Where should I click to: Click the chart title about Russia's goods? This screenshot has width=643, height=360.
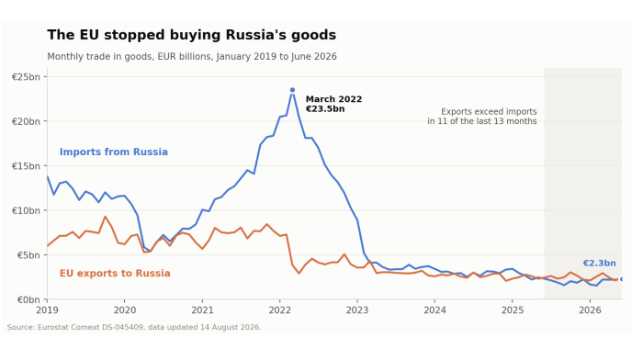click(191, 35)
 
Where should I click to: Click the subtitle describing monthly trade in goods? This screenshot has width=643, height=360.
click(192, 57)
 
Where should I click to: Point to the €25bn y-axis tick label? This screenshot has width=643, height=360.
click(27, 77)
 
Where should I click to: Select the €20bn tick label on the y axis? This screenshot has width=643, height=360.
click(27, 121)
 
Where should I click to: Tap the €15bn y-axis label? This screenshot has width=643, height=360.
click(27, 166)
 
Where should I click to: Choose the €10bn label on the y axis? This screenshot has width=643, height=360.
click(27, 210)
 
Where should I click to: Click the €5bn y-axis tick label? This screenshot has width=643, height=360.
click(28, 255)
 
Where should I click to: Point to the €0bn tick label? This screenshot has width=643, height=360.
click(28, 299)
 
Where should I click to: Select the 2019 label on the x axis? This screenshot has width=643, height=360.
click(47, 310)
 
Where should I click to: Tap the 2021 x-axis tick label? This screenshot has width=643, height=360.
click(202, 310)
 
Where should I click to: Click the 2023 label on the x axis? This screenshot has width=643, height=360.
click(357, 310)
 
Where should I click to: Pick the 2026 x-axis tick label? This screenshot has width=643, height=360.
click(590, 310)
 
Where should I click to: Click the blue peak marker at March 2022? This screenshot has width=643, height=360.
click(292, 90)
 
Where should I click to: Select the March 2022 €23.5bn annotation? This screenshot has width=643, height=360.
click(333, 104)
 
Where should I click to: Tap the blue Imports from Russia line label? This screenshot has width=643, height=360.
click(114, 152)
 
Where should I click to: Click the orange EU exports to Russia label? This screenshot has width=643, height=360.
click(115, 274)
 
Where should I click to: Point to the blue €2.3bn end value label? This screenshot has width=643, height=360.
click(599, 264)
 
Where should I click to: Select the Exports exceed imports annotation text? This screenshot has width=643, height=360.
click(482, 117)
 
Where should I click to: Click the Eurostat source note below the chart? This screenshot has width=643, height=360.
click(134, 327)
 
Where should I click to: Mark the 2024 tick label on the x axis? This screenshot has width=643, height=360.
click(434, 310)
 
